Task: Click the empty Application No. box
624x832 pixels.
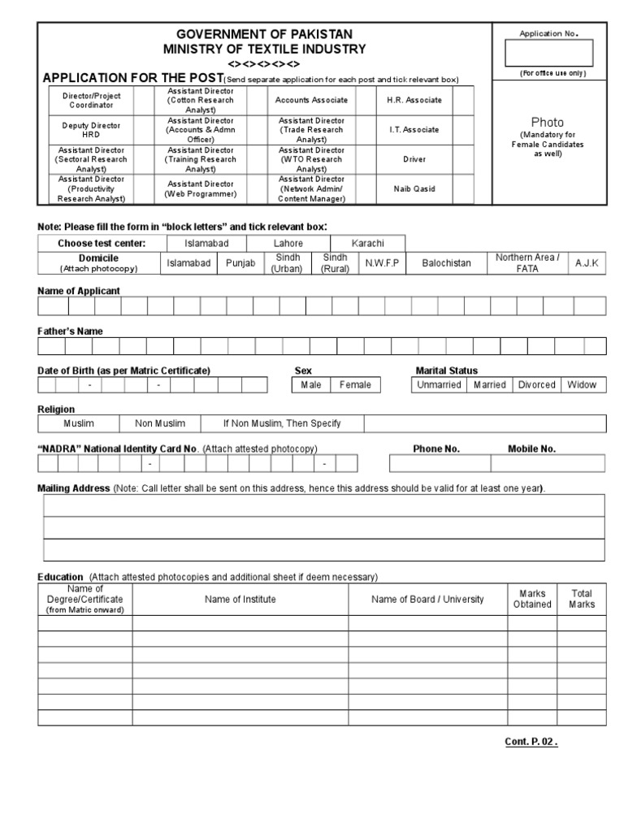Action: [548, 53]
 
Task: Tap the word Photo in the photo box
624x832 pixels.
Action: [548, 122]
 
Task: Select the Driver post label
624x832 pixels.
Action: [414, 159]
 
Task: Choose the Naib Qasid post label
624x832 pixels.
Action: [414, 188]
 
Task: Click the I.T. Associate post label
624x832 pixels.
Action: [414, 129]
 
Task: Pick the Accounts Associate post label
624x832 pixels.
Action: [311, 100]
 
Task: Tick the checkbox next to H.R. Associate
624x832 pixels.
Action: [463, 100]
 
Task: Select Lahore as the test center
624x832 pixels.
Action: [288, 243]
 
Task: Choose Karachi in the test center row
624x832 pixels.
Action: [368, 243]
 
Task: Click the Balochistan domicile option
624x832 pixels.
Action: [446, 263]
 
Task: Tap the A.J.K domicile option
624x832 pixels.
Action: [586, 263]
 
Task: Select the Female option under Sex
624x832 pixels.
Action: [355, 385]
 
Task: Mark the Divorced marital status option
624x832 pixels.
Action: [536, 385]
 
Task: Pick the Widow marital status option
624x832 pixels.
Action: [582, 385]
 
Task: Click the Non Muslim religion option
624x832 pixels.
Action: [160, 423]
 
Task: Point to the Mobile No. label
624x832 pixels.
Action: [531, 448]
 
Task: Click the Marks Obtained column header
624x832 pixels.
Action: [532, 599]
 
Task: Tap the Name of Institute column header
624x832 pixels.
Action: [240, 599]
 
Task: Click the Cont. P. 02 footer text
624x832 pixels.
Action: [531, 742]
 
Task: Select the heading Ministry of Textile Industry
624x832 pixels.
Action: [265, 49]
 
